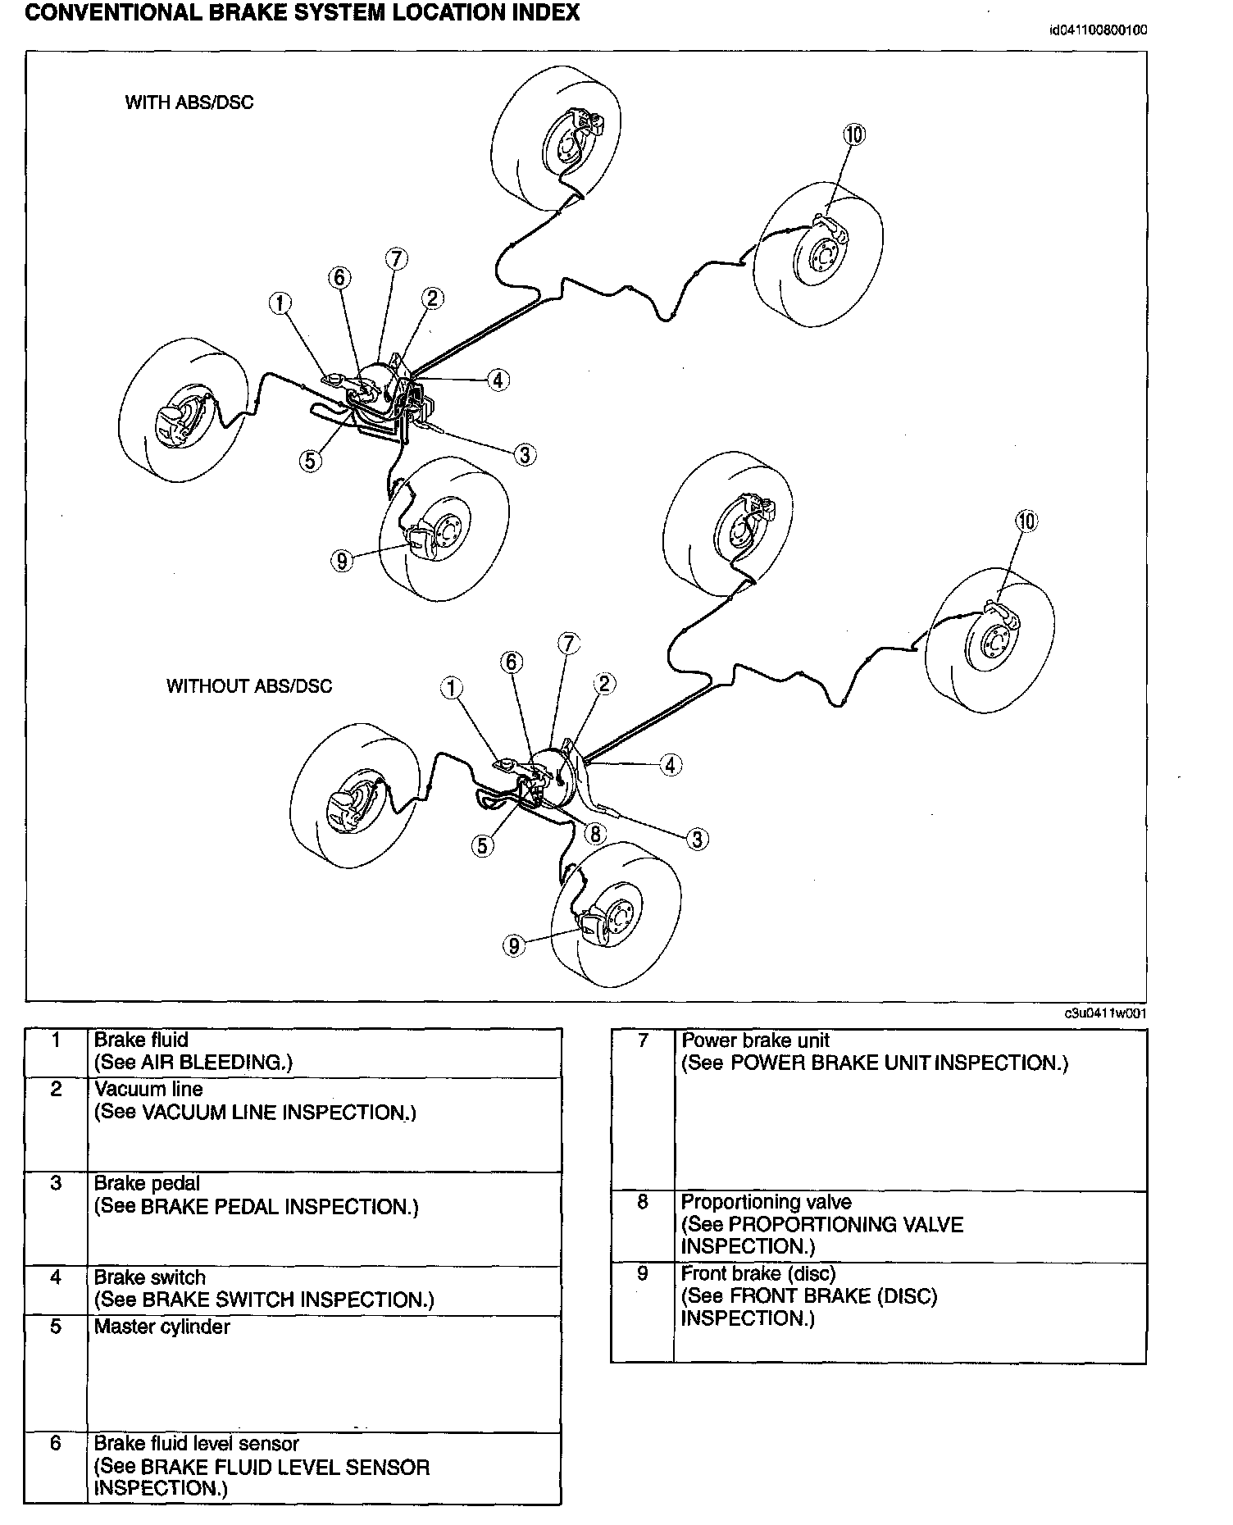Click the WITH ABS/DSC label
tap(189, 102)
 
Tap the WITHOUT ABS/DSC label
tap(249, 686)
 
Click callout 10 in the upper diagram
tap(854, 134)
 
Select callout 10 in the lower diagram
tap(1026, 521)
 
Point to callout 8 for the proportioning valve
tap(594, 834)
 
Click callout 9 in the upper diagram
tap(342, 561)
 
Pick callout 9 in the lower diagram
tap(514, 946)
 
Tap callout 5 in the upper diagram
tap(310, 461)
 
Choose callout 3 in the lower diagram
tap(697, 839)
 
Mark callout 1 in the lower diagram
tap(451, 688)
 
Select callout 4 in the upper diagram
tap(498, 380)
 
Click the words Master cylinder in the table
tap(162, 1327)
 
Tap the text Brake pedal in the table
tap(147, 1183)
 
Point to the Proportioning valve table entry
tap(766, 1202)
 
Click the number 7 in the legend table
tap(643, 1040)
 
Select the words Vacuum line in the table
tap(148, 1089)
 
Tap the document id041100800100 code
tap(1098, 31)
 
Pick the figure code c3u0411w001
tap(1105, 1013)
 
